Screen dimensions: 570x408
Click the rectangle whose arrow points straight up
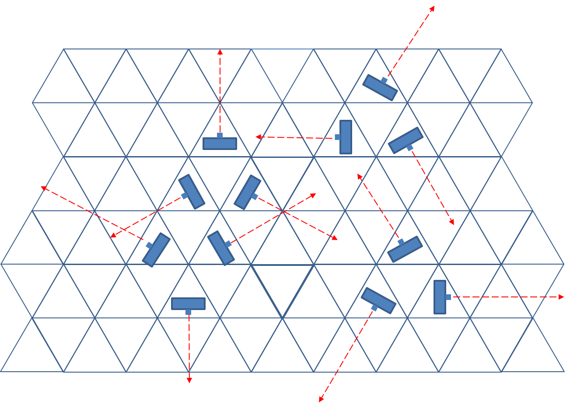click(x=220, y=143)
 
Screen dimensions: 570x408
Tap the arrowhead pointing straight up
click(x=220, y=52)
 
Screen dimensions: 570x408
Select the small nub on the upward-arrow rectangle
click(x=220, y=135)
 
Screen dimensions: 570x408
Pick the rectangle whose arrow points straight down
click(x=188, y=303)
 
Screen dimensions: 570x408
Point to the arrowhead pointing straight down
click(x=189, y=381)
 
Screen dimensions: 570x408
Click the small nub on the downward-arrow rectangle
click(x=188, y=312)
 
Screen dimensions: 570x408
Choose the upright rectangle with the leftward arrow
click(x=346, y=137)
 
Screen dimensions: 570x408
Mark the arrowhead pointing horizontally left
click(x=258, y=137)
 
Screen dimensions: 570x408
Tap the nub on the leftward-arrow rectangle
click(x=337, y=137)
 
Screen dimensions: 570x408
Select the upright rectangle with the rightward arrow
click(x=440, y=297)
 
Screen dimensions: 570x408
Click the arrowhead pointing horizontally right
click(x=562, y=297)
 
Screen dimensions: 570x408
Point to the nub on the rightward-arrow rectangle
click(x=448, y=297)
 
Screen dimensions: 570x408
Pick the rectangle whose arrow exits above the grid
click(x=380, y=87)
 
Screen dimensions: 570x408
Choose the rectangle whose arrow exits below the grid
click(x=378, y=300)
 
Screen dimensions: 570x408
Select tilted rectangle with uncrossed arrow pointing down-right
click(x=406, y=140)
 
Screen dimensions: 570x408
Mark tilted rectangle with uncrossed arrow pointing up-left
click(x=405, y=249)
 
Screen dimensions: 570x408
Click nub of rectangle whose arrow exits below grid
click(x=374, y=308)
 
